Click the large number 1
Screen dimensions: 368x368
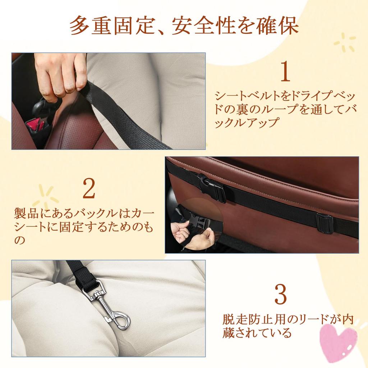pos(285,72)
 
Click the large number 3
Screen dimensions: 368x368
pos(280,295)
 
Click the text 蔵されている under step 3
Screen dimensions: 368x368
pos(256,333)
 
